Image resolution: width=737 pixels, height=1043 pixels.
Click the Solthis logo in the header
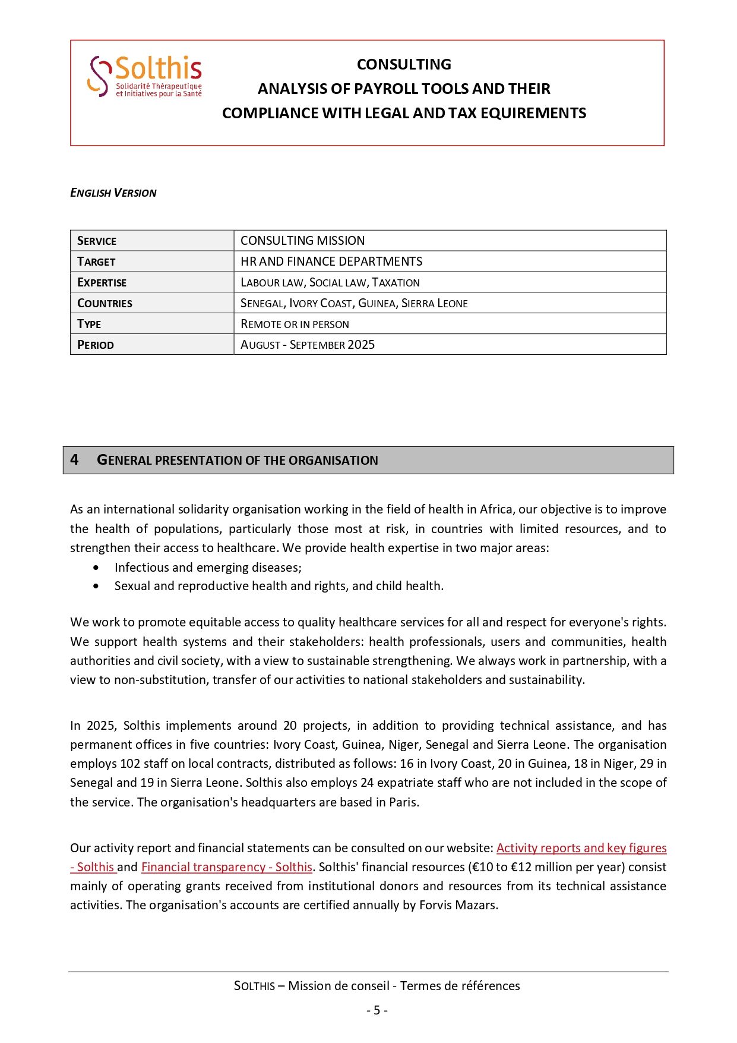(145, 76)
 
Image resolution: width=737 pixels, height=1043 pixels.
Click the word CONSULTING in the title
(404, 64)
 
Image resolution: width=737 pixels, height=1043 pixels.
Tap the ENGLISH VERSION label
(113, 193)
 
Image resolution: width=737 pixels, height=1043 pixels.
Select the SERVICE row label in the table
(97, 241)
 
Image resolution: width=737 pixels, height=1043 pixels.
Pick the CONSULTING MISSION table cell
(302, 241)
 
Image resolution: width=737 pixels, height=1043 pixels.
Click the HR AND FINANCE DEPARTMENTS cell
(331, 261)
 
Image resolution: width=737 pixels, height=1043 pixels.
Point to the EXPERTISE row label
(102, 282)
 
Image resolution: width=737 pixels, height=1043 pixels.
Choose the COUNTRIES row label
(105, 303)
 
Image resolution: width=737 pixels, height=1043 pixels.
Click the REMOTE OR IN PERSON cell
(295, 324)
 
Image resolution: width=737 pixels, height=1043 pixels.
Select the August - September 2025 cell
(308, 345)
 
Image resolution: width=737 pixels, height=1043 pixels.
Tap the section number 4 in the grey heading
(74, 459)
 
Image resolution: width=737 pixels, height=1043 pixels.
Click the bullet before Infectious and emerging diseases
(96, 568)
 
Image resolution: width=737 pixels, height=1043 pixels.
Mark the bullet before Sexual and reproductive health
(96, 586)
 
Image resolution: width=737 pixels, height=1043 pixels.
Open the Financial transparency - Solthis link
(226, 867)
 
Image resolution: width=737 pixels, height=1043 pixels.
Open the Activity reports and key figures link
(581, 848)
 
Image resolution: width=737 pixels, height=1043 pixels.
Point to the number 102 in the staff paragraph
(130, 764)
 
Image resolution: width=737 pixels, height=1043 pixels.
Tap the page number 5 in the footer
(377, 1010)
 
